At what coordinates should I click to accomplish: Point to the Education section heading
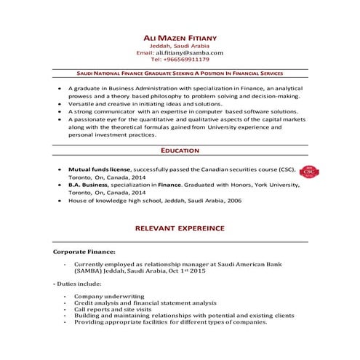(x=180, y=150)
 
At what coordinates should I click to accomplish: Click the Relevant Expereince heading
(x=180, y=228)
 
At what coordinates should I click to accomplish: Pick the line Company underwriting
(x=109, y=297)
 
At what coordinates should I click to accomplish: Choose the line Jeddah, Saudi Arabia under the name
(x=180, y=45)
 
